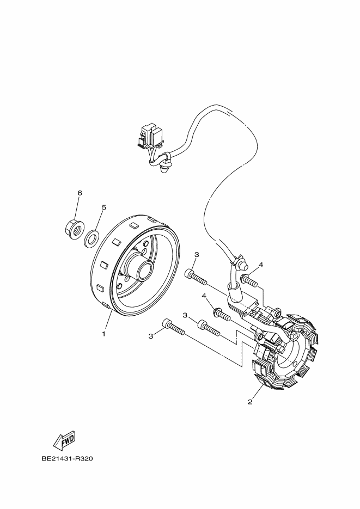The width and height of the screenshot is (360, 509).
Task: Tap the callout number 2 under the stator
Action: pos(250,402)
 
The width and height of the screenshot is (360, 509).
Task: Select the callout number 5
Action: pos(104,207)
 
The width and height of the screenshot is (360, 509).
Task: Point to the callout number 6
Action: pos(80,193)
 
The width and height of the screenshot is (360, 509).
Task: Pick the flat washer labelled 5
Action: pos(91,237)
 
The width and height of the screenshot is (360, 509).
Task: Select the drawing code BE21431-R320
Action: pos(68,458)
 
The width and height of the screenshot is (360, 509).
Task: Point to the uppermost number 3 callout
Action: pos(196,254)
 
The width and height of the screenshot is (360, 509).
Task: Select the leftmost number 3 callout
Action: pos(150,336)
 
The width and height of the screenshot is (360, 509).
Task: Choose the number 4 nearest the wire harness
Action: pos(261,265)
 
